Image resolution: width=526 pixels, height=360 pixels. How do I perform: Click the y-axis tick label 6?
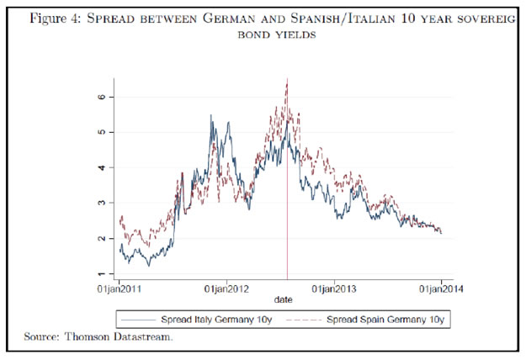[x=101, y=97]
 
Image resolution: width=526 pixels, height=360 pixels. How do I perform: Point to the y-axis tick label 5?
[x=101, y=132]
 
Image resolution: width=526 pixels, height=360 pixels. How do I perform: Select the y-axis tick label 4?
[x=101, y=167]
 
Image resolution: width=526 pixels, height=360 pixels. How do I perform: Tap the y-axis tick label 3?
[x=101, y=203]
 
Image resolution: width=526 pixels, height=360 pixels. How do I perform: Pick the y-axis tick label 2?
[x=101, y=239]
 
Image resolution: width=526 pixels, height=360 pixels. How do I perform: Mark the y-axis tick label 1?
[x=101, y=274]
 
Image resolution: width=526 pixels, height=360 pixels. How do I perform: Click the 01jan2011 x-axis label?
[x=120, y=289]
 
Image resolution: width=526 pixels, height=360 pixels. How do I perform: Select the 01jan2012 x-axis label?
[x=227, y=289]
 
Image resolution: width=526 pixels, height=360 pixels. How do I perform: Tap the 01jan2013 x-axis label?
[x=335, y=289]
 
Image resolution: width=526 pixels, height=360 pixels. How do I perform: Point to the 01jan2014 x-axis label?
[x=442, y=289]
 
